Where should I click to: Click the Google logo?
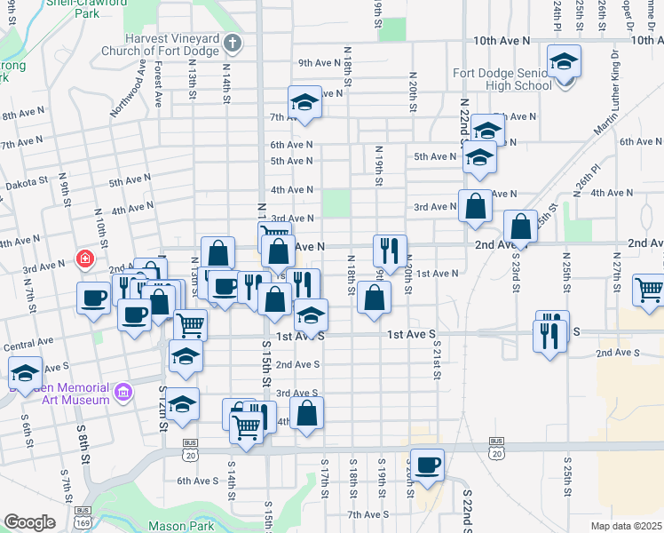pos(29,522)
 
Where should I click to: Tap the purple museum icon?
pos(124,391)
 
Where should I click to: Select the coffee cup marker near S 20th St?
pos(427,465)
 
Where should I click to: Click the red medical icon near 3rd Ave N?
pos(84,259)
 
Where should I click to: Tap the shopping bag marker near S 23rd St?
pos(521,227)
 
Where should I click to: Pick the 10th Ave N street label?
pos(501,41)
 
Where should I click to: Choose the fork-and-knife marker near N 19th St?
pos(390,252)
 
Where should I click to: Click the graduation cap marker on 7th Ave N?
pos(304,104)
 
